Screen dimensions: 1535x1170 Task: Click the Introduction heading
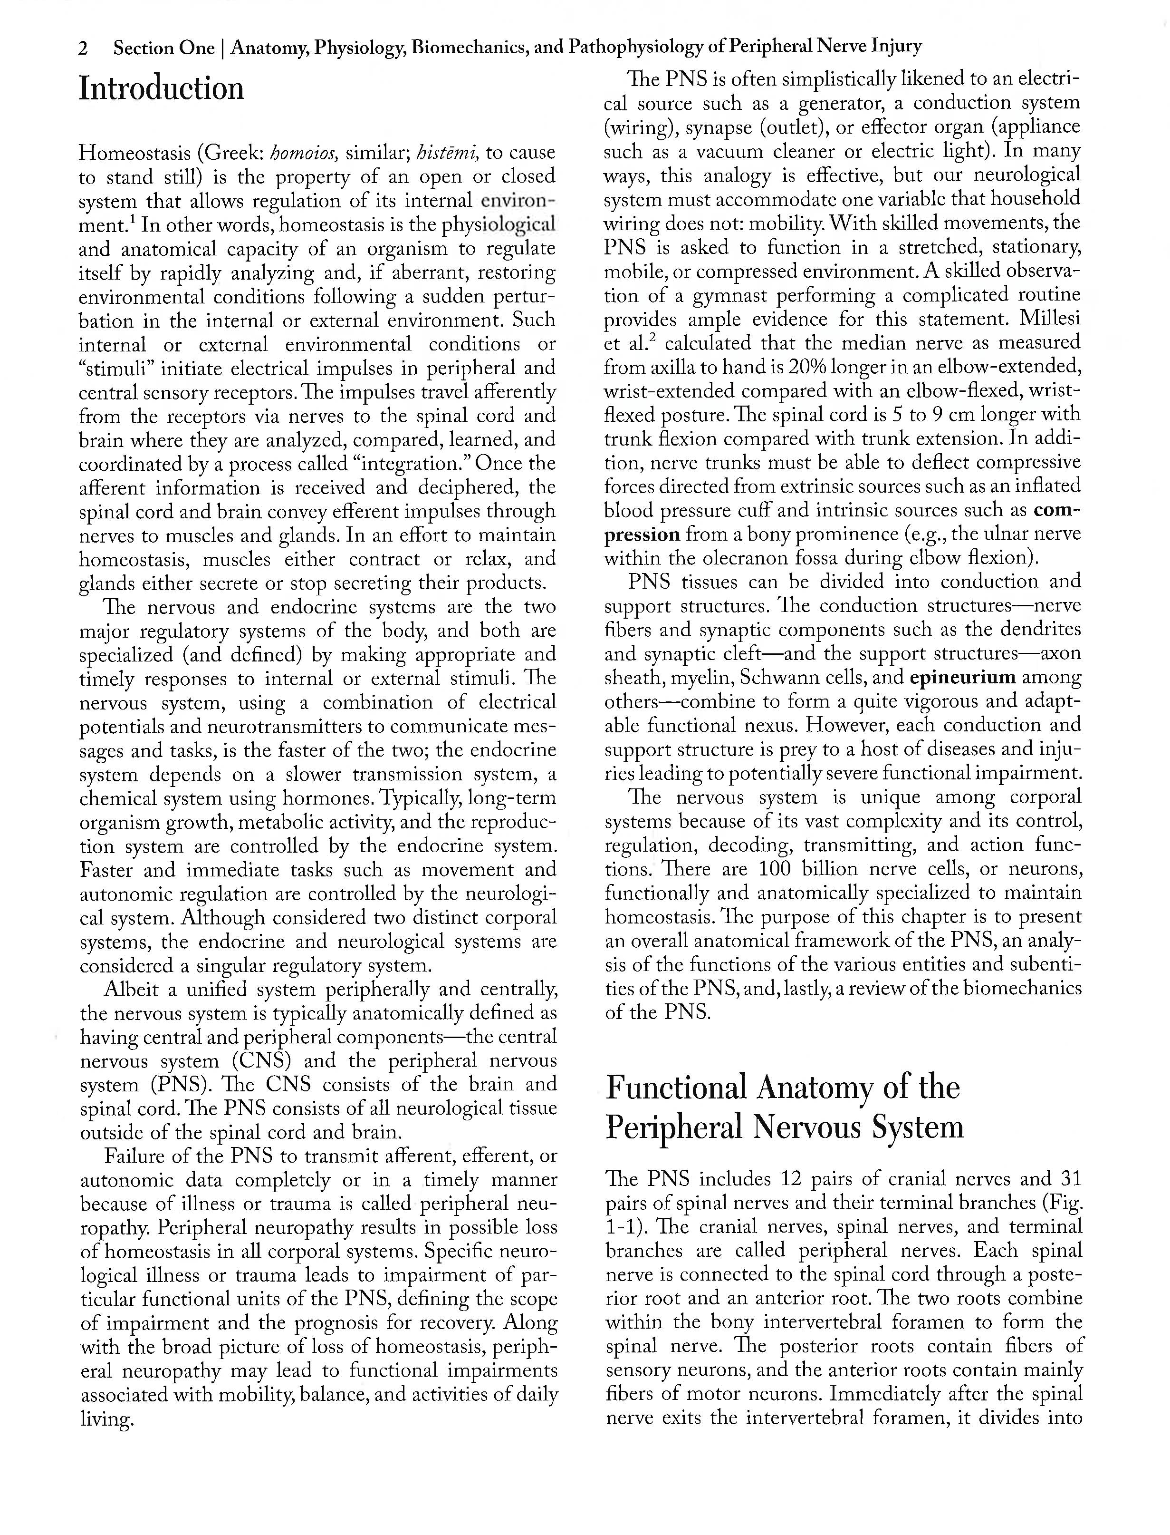[x=162, y=88]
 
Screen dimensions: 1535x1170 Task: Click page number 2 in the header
[x=84, y=48]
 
